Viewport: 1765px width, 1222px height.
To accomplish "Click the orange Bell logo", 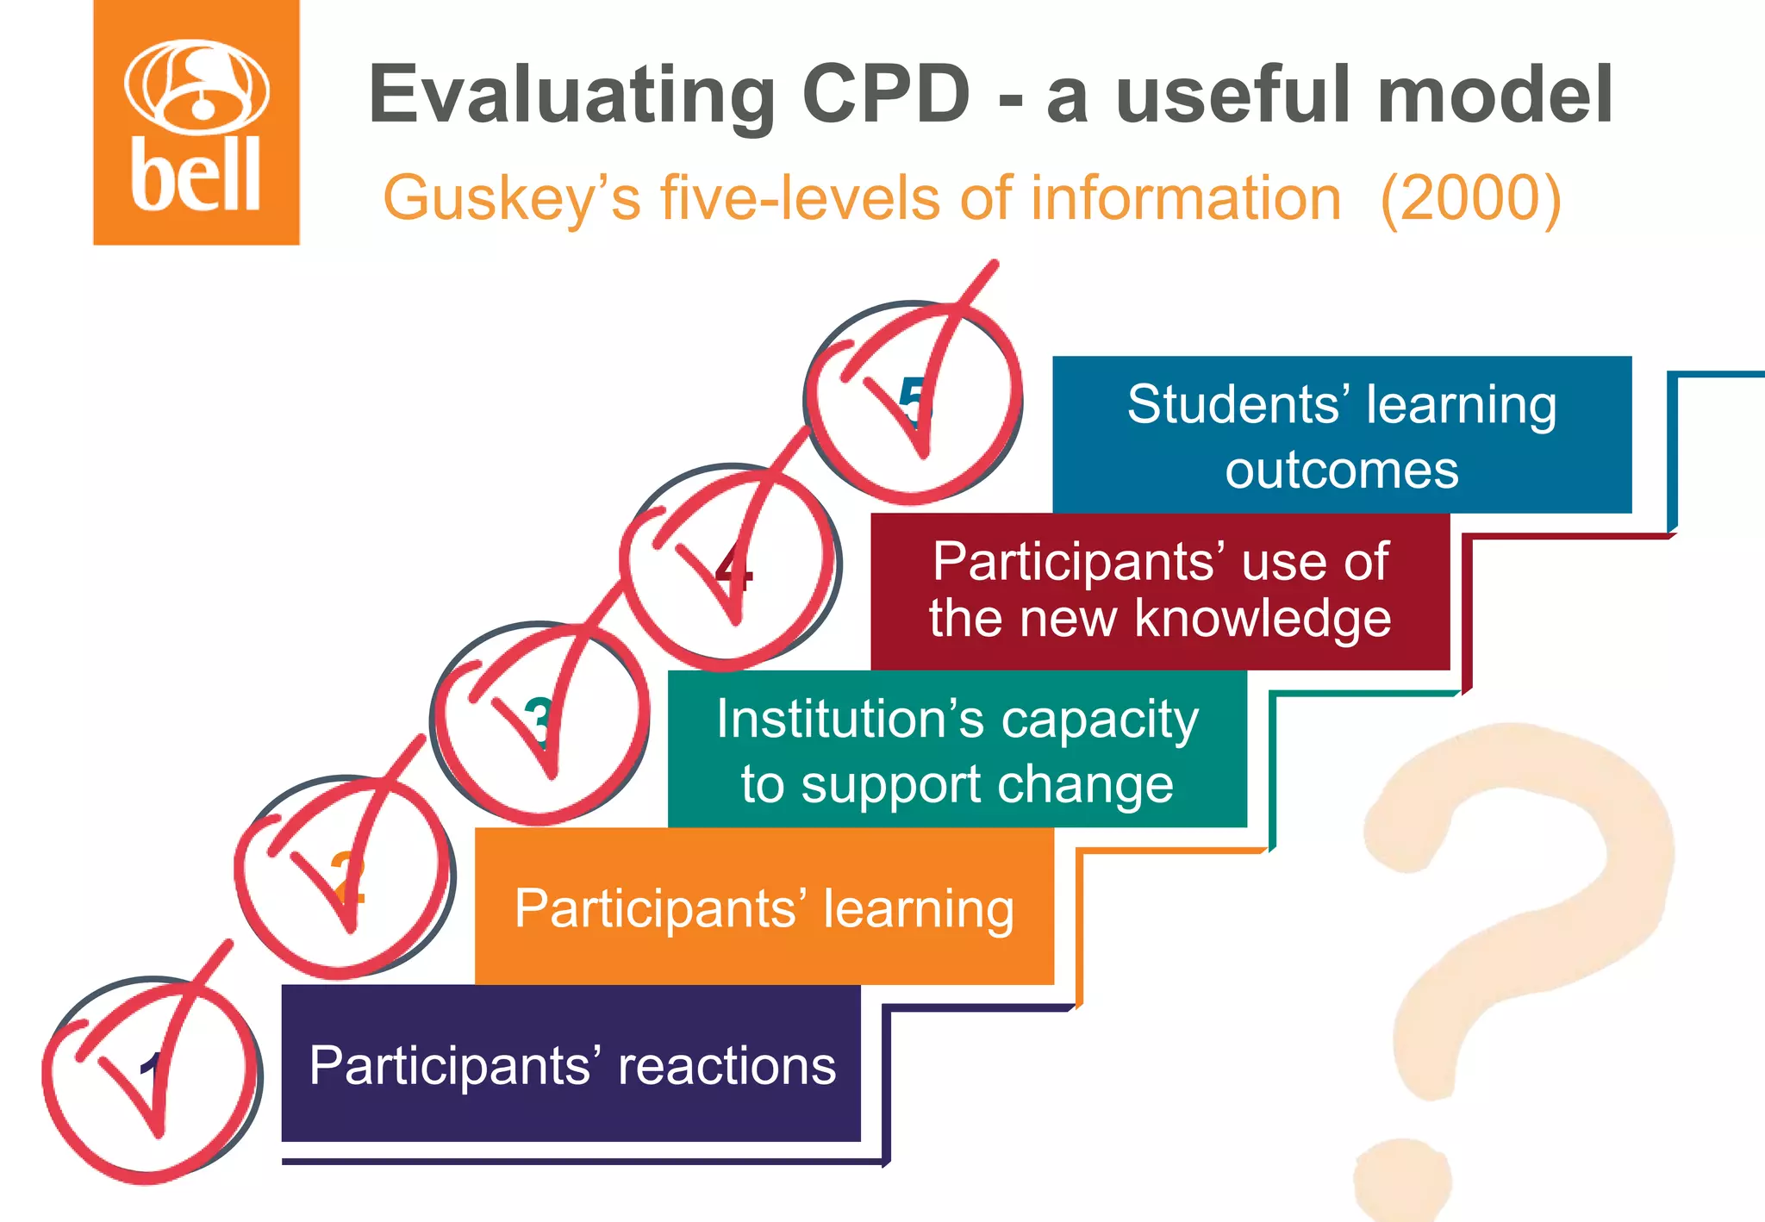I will [196, 123].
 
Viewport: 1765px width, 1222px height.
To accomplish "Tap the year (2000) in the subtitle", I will [1470, 199].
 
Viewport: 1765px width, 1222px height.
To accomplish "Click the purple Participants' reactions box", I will [571, 1063].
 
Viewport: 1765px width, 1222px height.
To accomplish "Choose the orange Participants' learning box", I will [764, 907].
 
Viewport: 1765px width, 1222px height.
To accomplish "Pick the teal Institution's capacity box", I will [957, 749].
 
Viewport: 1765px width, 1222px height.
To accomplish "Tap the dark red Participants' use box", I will [1160, 591].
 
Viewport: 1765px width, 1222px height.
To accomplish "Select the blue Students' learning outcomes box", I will [1342, 435].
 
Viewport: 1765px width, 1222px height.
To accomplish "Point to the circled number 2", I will [346, 876].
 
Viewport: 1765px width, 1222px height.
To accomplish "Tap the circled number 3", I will [539, 722].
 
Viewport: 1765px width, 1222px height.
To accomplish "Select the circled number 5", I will [914, 402].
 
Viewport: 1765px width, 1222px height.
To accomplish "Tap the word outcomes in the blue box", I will [1342, 471].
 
